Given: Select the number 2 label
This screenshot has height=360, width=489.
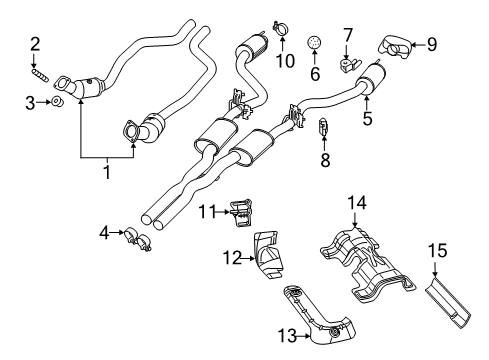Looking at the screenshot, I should pyautogui.click(x=35, y=43).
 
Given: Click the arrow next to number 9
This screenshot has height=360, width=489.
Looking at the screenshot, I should pyautogui.click(x=417, y=44).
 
